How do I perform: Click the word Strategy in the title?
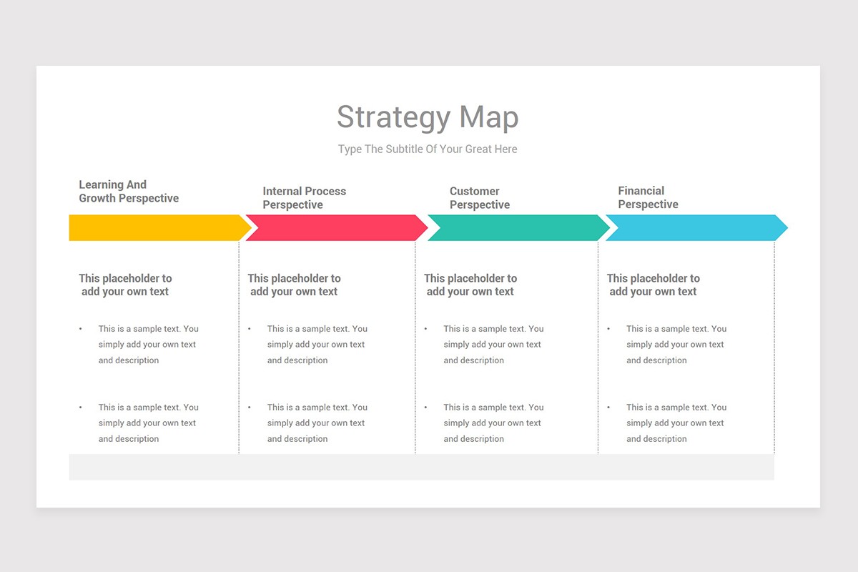[393, 118]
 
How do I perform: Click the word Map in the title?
[489, 118]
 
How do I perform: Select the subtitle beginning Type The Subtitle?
[428, 149]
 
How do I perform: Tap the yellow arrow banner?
[160, 228]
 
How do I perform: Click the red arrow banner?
[337, 228]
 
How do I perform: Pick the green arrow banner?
[518, 228]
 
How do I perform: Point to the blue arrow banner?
[696, 228]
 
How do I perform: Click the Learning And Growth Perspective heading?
[129, 192]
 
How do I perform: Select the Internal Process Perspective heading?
[304, 197]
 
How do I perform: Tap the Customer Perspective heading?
[480, 197]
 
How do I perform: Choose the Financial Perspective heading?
[648, 197]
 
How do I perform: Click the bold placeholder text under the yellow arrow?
[125, 285]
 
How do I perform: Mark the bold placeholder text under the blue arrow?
[653, 285]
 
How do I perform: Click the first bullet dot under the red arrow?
[250, 329]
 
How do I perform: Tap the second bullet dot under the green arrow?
[425, 408]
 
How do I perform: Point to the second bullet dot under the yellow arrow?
[80, 408]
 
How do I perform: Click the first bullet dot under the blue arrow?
[608, 329]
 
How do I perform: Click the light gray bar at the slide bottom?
[421, 467]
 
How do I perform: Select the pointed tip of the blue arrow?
[787, 228]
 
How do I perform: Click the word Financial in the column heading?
[641, 191]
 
